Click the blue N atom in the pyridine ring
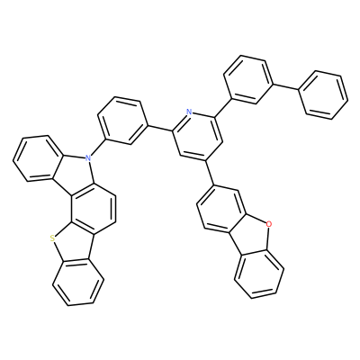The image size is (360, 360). (189, 112)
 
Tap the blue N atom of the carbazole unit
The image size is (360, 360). (87, 157)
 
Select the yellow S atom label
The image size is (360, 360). (53, 238)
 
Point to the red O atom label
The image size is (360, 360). (268, 223)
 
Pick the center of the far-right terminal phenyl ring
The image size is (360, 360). (323, 95)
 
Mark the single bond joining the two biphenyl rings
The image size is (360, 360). (285, 85)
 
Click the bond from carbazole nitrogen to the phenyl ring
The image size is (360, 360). (95, 148)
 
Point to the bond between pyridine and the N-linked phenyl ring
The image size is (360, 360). (160, 128)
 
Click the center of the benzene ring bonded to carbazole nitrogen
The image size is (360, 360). (122, 121)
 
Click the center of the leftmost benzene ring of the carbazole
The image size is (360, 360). (38, 158)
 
